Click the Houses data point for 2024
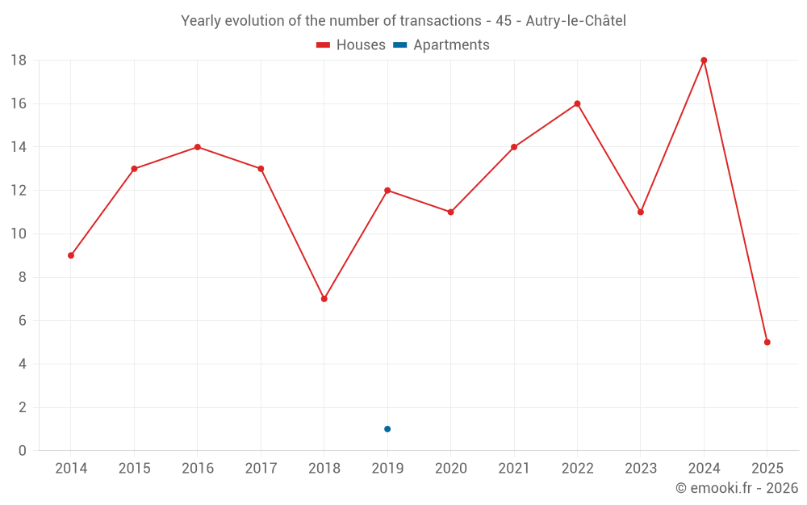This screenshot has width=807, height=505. (704, 61)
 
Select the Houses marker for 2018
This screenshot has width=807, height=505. (324, 299)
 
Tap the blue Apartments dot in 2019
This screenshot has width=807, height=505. (387, 429)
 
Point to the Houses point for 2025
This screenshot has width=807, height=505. (767, 343)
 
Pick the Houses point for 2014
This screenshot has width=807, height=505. (71, 255)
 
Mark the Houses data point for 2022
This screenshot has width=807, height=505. (577, 103)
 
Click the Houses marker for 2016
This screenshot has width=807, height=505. (197, 147)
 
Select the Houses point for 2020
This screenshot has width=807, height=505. (450, 213)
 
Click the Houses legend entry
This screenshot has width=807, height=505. (351, 45)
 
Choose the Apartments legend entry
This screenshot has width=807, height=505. (441, 45)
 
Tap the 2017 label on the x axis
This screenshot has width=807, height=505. (261, 469)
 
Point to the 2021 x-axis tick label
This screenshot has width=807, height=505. (514, 469)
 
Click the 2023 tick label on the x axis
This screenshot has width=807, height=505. (641, 469)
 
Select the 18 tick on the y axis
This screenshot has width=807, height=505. (19, 61)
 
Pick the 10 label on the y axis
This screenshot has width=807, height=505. (19, 234)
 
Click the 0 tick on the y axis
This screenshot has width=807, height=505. (23, 451)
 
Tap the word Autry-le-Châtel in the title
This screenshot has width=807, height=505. (575, 21)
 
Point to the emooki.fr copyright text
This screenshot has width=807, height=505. (737, 488)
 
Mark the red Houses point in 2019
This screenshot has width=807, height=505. (387, 191)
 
